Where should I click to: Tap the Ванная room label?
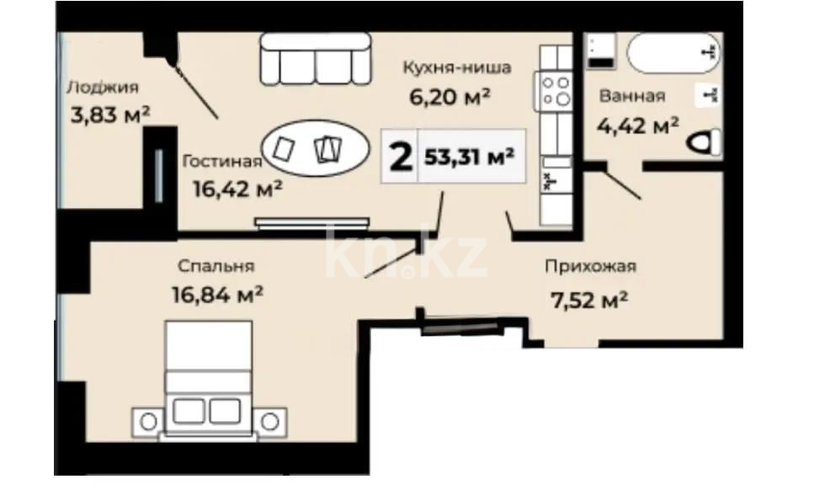click(631, 96)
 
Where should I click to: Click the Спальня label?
click(215, 267)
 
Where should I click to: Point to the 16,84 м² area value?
click(216, 296)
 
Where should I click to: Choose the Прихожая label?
click(589, 267)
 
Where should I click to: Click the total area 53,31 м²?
click(470, 157)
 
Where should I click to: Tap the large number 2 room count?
click(401, 157)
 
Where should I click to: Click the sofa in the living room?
click(315, 59)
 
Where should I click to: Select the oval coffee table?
click(313, 149)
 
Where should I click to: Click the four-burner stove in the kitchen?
click(556, 91)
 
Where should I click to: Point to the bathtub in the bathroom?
click(673, 52)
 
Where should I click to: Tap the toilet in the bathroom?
click(706, 144)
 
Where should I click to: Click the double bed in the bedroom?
click(208, 379)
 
